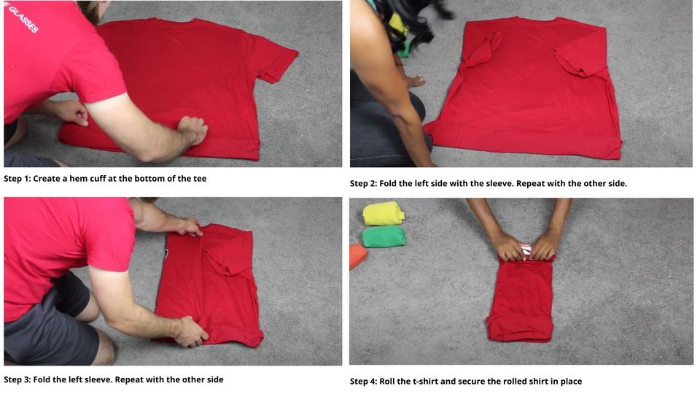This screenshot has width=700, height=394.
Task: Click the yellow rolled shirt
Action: coord(384,213)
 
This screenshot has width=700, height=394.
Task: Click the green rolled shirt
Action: coord(384,236)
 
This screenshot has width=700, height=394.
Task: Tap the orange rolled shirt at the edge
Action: coord(357,256)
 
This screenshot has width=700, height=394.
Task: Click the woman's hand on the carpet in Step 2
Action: coord(414,80)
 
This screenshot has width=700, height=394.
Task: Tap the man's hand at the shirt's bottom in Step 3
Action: coord(191,332)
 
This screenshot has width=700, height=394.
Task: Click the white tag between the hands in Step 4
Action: coord(526,250)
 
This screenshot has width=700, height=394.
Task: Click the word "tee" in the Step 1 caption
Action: coord(198,179)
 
